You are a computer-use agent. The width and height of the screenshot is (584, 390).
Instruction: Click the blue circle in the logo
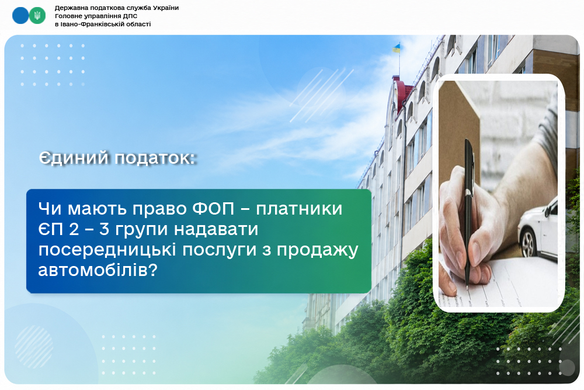pyautogui.click(x=20, y=16)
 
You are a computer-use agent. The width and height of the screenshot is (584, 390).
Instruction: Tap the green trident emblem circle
pyautogui.click(x=37, y=16)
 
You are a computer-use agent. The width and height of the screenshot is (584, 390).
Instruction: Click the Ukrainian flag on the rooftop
pyautogui.click(x=397, y=48)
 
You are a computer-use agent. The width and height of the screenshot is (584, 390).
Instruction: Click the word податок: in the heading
pyautogui.click(x=155, y=158)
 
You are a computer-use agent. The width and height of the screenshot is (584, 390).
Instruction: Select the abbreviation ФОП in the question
pyautogui.click(x=213, y=208)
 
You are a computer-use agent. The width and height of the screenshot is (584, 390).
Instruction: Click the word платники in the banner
pyautogui.click(x=299, y=209)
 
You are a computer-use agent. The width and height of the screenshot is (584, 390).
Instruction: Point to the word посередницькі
pyautogui.click(x=107, y=250)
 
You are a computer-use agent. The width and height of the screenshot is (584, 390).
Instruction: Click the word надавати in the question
pyautogui.click(x=216, y=229)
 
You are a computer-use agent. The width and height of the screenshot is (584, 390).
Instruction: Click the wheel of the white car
pyautogui.click(x=528, y=245)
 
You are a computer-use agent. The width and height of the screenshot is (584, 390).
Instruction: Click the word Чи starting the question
pyautogui.click(x=50, y=208)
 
